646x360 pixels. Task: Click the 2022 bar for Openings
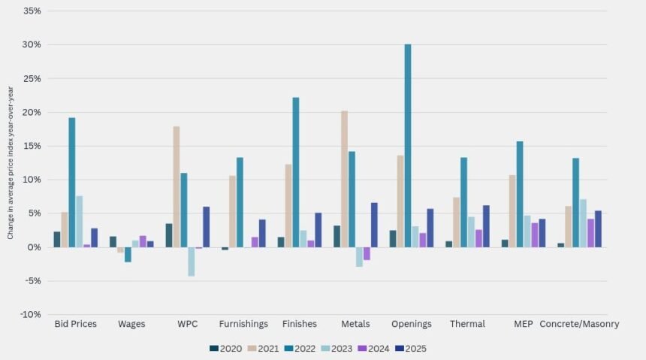click(x=408, y=146)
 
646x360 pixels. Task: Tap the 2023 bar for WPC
click(x=192, y=262)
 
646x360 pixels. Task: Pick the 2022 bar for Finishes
click(x=296, y=172)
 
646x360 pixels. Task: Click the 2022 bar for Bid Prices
click(x=72, y=183)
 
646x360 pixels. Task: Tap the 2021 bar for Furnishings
click(x=233, y=211)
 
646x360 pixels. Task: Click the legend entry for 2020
click(x=225, y=348)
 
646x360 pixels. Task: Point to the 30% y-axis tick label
click(x=32, y=45)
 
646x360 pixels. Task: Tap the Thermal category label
click(x=467, y=324)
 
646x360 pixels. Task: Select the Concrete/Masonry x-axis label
click(x=580, y=324)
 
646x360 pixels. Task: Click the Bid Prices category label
click(x=76, y=324)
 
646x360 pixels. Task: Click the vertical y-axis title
click(x=10, y=162)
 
